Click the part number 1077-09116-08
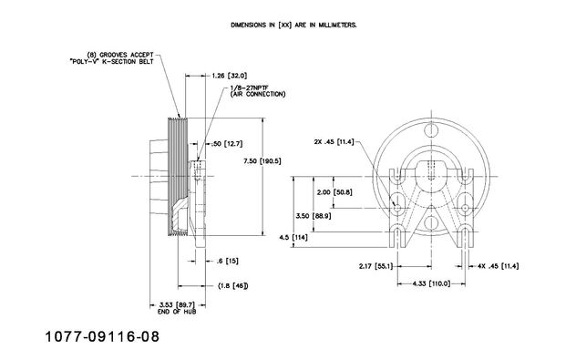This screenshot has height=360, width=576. tap(102, 336)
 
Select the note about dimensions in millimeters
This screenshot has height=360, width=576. tap(293, 25)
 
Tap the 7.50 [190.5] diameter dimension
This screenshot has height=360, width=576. tap(262, 161)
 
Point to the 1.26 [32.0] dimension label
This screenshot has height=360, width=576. tap(230, 76)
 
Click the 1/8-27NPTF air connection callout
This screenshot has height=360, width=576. tap(258, 91)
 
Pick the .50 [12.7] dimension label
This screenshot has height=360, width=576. tap(227, 144)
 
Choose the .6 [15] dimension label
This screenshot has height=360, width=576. tap(227, 262)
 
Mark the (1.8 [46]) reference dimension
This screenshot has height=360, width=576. tap(232, 285)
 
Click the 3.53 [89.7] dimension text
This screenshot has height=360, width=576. tap(177, 305)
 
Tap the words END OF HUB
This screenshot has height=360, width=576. tap(177, 312)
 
